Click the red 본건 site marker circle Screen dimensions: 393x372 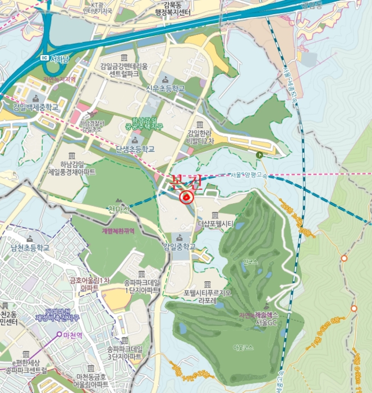click(186, 197)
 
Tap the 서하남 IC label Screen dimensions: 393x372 click(62, 58)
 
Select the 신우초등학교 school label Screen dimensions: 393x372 click(165, 88)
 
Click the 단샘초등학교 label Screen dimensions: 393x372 click(135, 149)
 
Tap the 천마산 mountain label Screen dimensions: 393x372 click(119, 210)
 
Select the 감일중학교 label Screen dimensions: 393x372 click(180, 246)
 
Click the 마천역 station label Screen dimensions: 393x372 click(74, 336)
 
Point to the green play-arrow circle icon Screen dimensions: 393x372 click(259, 155)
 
